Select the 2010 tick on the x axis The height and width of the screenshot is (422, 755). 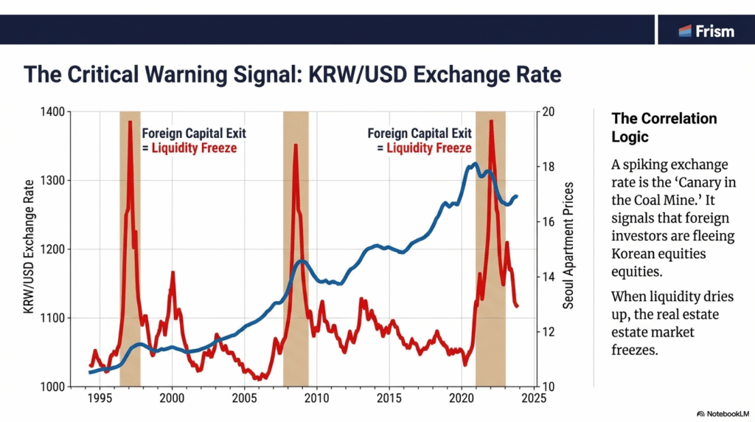(316, 398)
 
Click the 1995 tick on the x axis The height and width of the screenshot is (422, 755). (100, 398)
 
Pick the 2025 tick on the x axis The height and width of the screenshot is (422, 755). (533, 398)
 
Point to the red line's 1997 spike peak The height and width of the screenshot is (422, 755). (131, 121)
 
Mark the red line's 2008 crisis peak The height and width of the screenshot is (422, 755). (296, 145)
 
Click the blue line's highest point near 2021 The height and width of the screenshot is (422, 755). (474, 164)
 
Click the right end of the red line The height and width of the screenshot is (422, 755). (517, 305)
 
